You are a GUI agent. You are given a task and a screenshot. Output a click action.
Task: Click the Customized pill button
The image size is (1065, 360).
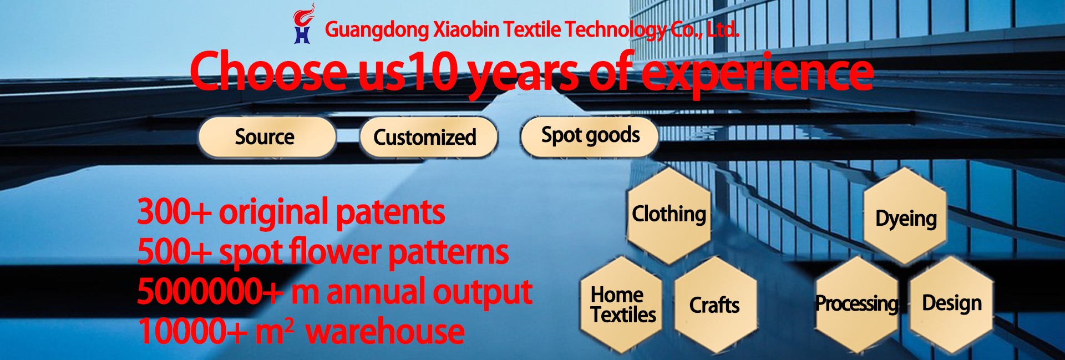428,137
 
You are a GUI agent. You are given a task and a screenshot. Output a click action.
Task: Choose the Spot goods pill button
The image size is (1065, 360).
589,135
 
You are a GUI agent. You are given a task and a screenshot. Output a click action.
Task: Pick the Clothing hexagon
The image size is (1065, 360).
669,215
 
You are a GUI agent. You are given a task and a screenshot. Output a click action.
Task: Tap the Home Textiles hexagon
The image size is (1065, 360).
622,305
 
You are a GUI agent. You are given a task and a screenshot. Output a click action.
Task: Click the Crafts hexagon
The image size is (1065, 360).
715,305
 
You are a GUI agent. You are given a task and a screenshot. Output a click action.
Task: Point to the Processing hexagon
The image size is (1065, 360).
856,304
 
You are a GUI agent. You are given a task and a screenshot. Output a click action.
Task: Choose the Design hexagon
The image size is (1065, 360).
951,304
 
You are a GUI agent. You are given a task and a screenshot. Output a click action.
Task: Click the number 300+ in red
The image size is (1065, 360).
174,212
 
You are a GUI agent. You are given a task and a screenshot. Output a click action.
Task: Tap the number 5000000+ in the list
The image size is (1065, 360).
210,292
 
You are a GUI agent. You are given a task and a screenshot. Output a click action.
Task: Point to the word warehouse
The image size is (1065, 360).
385,332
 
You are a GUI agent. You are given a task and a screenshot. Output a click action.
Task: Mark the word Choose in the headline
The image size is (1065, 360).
269,70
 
